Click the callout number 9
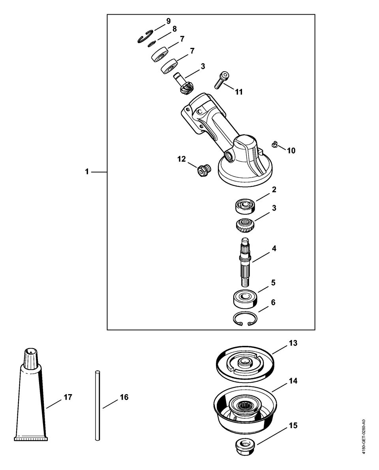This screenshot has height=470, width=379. [169, 21]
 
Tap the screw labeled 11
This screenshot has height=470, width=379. [221, 80]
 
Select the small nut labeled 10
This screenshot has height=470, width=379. [274, 145]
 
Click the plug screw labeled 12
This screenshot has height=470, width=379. [203, 170]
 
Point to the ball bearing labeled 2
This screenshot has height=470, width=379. [244, 206]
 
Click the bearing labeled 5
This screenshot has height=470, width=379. [245, 299]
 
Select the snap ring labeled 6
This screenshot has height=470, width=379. [245, 319]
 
